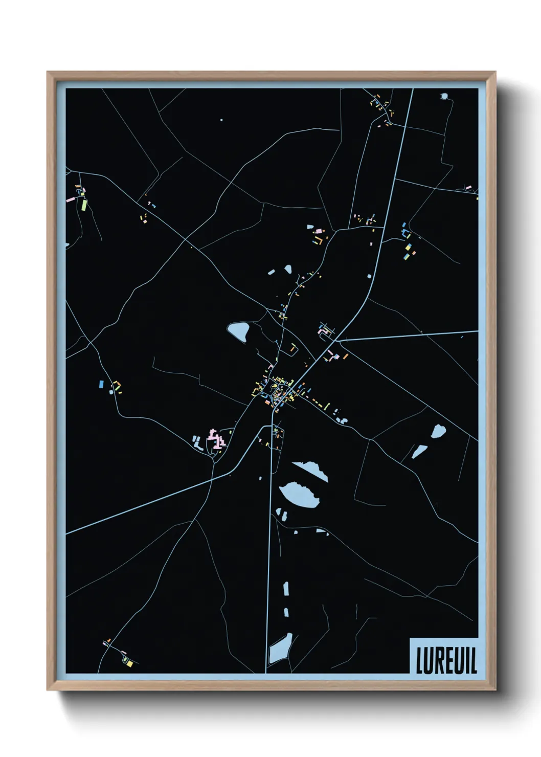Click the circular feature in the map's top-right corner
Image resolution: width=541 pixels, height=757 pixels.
[x=444, y=96]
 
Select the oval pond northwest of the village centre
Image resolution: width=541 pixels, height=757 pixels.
[x=238, y=331]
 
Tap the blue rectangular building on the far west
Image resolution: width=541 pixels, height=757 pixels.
[x=101, y=383]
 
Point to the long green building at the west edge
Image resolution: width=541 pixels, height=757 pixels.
[x=84, y=205]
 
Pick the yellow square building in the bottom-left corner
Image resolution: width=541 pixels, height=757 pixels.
[x=130, y=663]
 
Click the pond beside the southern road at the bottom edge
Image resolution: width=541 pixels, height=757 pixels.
[x=281, y=649]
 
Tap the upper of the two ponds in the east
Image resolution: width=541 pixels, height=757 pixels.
[x=438, y=431]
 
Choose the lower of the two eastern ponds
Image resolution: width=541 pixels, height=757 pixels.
[x=419, y=452]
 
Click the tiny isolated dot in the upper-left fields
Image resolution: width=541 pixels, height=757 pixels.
[x=221, y=120]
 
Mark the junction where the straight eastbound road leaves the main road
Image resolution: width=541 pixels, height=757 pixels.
[x=336, y=340]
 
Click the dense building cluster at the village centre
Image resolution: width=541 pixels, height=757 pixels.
[x=279, y=393]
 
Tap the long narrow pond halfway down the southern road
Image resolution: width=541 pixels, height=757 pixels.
[x=286, y=589]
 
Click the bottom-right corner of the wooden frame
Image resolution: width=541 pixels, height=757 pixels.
[x=495, y=689]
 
